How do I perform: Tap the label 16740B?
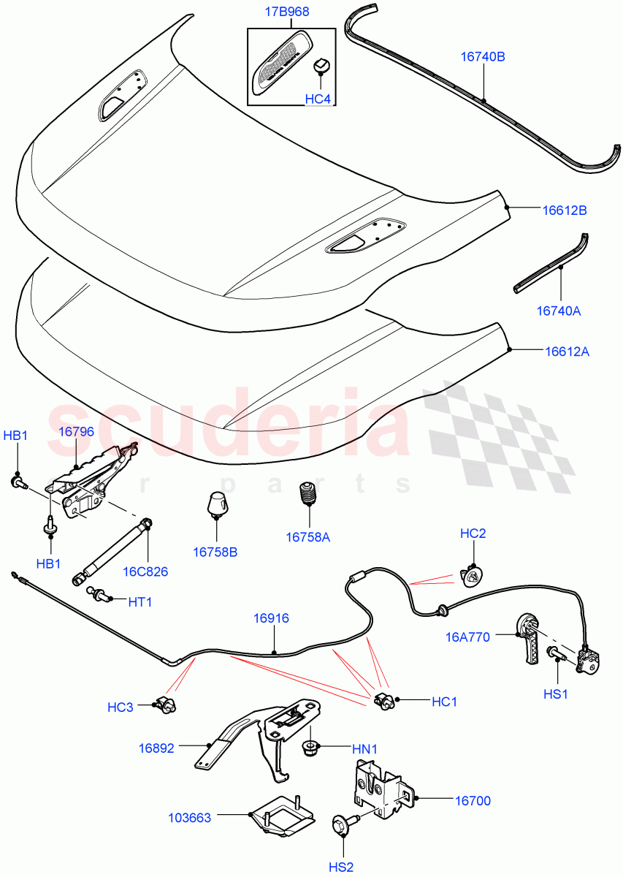(x=482, y=55)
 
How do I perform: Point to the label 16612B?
(x=565, y=210)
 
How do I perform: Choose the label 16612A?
(x=566, y=351)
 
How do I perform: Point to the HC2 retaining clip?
(x=473, y=577)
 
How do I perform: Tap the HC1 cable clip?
(x=384, y=702)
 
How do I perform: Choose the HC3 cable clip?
(x=167, y=705)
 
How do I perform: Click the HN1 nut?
(x=310, y=747)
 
